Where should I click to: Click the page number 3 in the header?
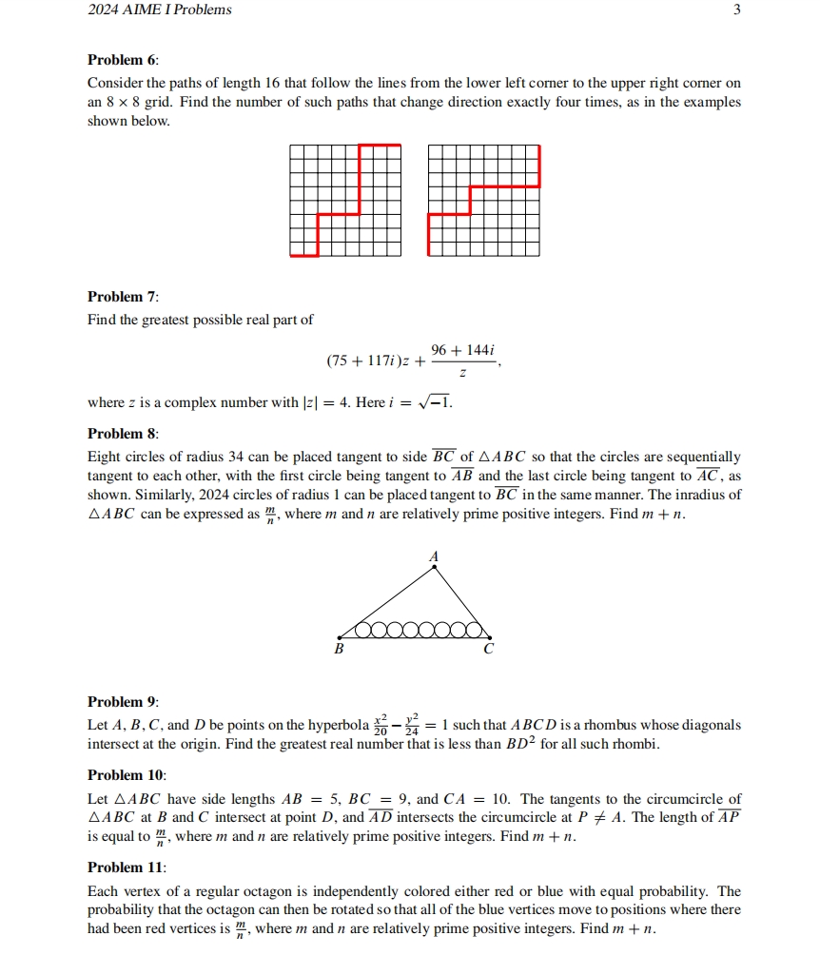(736, 10)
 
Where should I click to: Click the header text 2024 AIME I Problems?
(159, 10)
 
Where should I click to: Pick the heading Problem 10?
(127, 776)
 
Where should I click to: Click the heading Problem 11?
(127, 867)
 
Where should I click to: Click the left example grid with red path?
(344, 200)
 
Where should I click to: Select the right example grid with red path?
(484, 200)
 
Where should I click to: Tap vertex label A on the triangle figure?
(435, 555)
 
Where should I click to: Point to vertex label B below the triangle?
(337, 651)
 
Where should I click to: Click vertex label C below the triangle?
(488, 651)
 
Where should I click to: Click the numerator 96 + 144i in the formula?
(462, 351)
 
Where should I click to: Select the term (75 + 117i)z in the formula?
(368, 361)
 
